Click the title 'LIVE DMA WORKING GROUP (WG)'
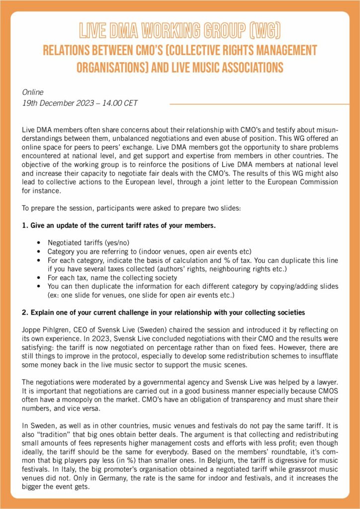pyautogui.click(x=180, y=29)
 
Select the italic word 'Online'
pyautogui.click(x=33, y=92)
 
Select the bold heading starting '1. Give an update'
pyautogui.click(x=119, y=225)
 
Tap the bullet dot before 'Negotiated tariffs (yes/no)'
pyautogui.click(x=39, y=243)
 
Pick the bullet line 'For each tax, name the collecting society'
pyautogui.click(x=112, y=277)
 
